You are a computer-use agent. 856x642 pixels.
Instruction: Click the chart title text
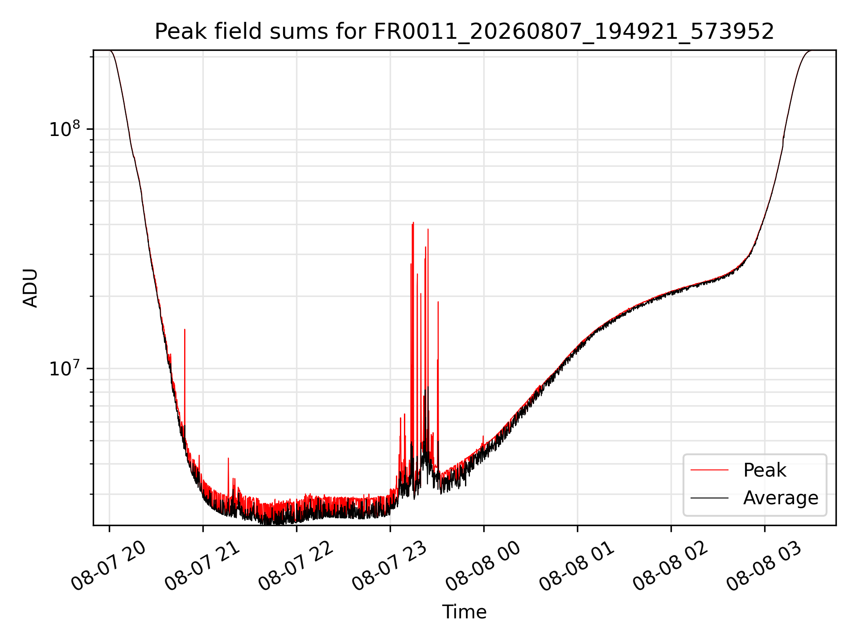point(464,32)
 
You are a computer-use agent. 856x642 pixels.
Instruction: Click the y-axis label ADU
point(30,288)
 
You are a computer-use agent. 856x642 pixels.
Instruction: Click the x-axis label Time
point(464,612)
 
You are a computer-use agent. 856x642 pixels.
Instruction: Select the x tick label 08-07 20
point(109,566)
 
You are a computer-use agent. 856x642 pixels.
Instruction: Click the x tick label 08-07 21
point(202,566)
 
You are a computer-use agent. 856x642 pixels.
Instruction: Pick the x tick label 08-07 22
point(296,566)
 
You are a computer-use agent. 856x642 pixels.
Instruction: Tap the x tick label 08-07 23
point(390,566)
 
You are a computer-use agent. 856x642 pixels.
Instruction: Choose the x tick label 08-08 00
point(483,566)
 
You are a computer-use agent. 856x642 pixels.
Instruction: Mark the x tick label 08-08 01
point(577,566)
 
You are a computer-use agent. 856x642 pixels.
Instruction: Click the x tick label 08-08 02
point(671,566)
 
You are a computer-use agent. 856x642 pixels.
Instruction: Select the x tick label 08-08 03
point(764,566)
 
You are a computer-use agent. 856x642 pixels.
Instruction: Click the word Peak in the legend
point(765,470)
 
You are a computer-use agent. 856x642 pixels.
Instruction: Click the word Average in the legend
point(781,498)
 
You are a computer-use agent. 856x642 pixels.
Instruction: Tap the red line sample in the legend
point(709,470)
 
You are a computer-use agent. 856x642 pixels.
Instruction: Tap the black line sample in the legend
point(709,498)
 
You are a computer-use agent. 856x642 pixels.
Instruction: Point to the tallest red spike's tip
point(413,222)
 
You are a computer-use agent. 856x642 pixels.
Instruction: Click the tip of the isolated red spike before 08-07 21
point(185,329)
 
